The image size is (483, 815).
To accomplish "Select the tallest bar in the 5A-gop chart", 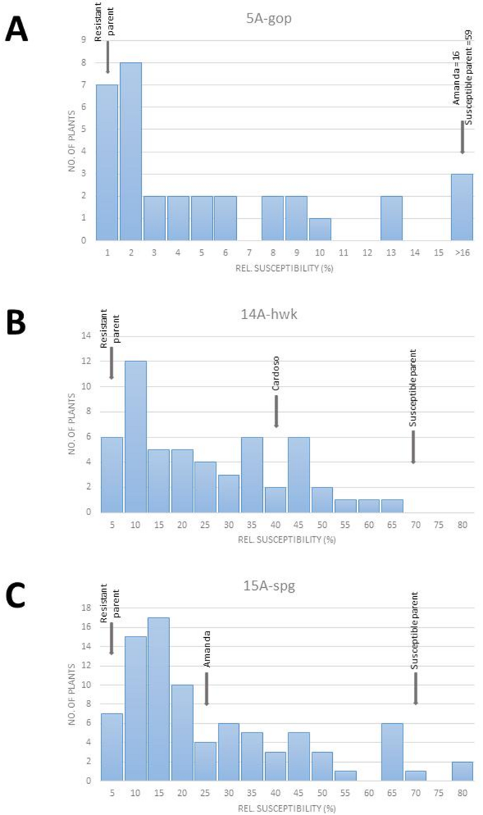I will click(x=130, y=151).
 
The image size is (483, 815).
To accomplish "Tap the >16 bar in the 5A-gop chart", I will click(x=462, y=207).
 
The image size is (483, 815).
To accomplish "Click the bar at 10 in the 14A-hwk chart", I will click(x=135, y=437).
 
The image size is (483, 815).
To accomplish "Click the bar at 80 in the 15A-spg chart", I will click(x=463, y=771).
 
